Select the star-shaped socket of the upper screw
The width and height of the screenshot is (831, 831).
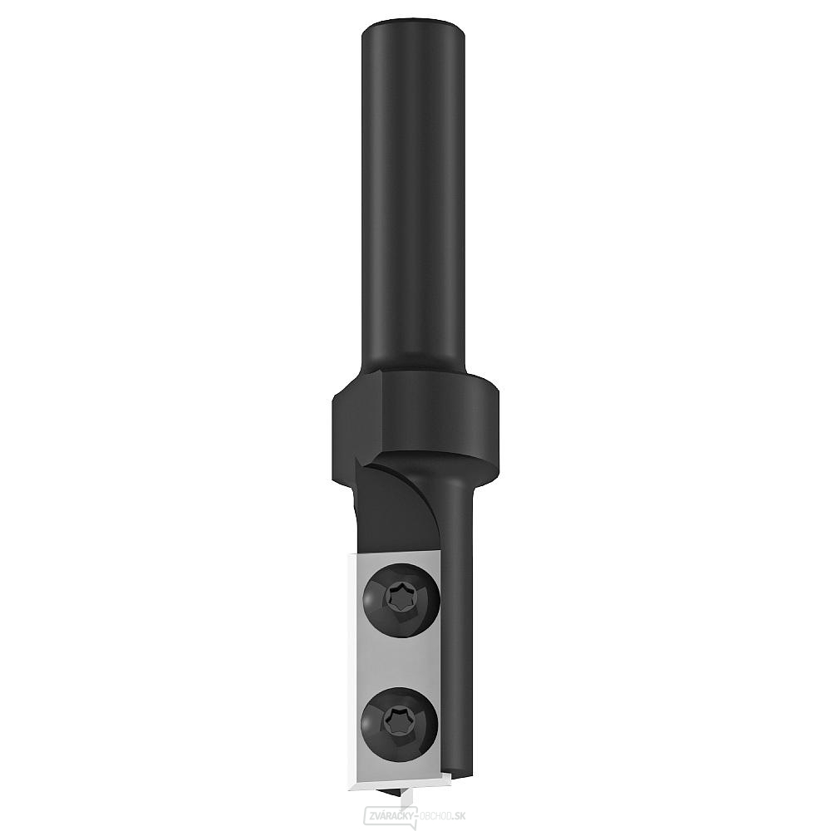398,596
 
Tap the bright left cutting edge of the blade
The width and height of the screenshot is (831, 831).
342,665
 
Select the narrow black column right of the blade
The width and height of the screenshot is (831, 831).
460,623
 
